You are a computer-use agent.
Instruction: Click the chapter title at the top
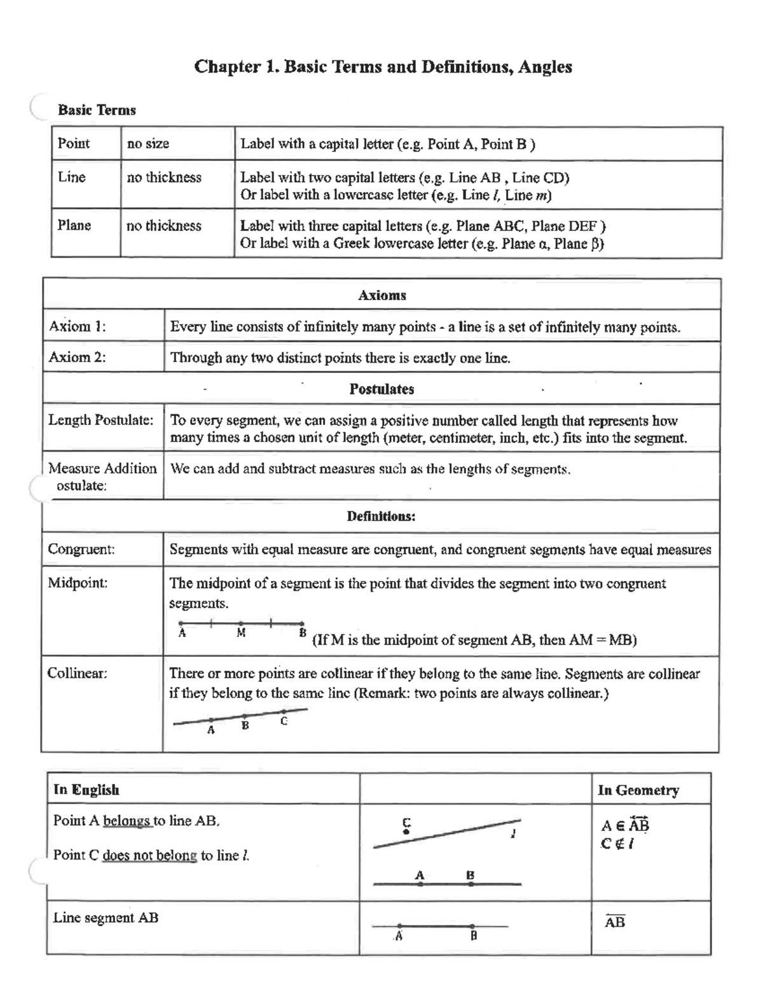383,67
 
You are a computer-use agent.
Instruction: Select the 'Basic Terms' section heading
97,110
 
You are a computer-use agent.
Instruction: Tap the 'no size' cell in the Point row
148,144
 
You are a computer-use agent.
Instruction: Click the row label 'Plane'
74,225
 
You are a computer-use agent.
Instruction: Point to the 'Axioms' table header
381,295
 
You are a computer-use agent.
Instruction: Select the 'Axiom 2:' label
77,357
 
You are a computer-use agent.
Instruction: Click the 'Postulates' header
381,389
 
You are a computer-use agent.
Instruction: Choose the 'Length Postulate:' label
101,420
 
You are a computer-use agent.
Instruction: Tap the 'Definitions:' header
381,516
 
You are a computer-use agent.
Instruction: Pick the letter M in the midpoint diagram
241,633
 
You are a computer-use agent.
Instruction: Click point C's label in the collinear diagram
284,721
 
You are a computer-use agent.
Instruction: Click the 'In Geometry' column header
638,790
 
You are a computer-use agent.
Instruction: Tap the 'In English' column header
86,790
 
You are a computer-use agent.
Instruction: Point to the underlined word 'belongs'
127,821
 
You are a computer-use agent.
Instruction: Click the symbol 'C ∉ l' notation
617,844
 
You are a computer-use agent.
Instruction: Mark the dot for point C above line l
407,831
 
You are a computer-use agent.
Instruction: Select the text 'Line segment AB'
106,918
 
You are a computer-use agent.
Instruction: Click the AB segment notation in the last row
615,922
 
